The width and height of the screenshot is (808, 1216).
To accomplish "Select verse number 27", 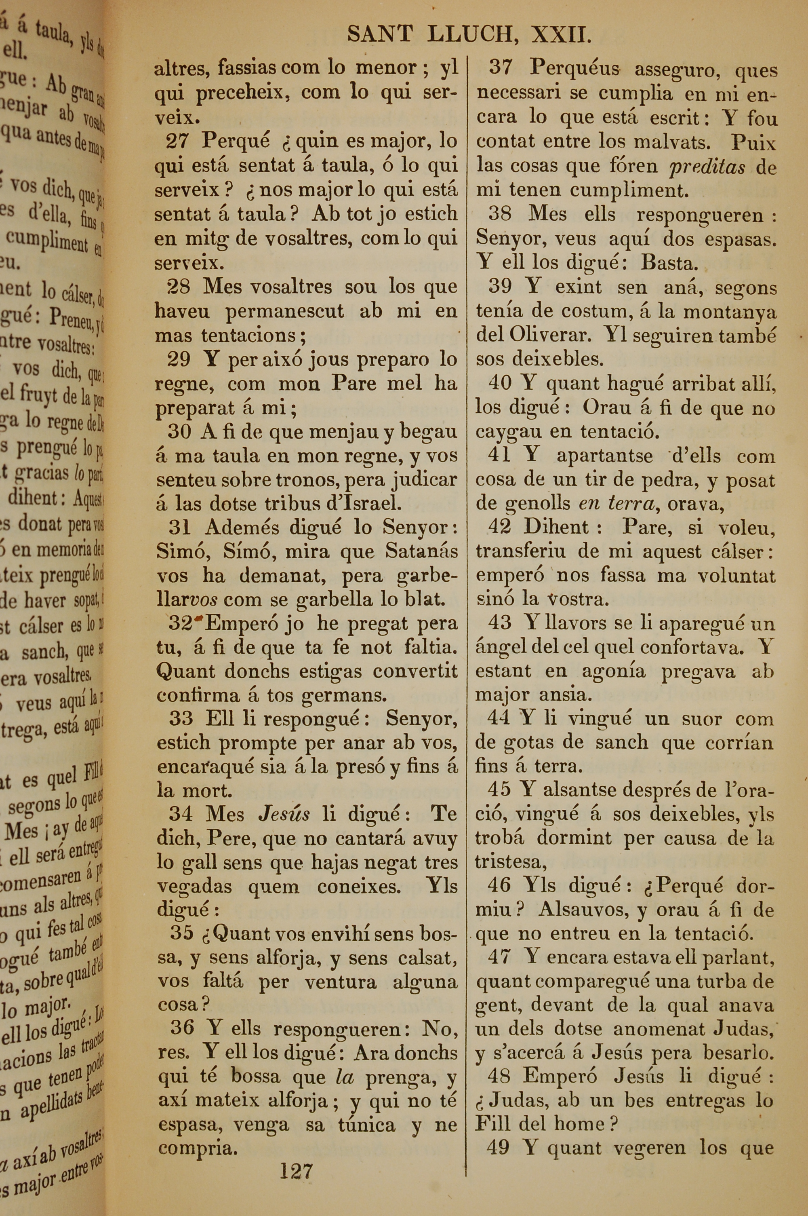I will (x=179, y=141).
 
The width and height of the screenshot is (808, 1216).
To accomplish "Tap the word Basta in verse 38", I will (x=669, y=264).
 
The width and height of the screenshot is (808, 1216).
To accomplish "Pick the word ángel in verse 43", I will (x=498, y=647).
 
